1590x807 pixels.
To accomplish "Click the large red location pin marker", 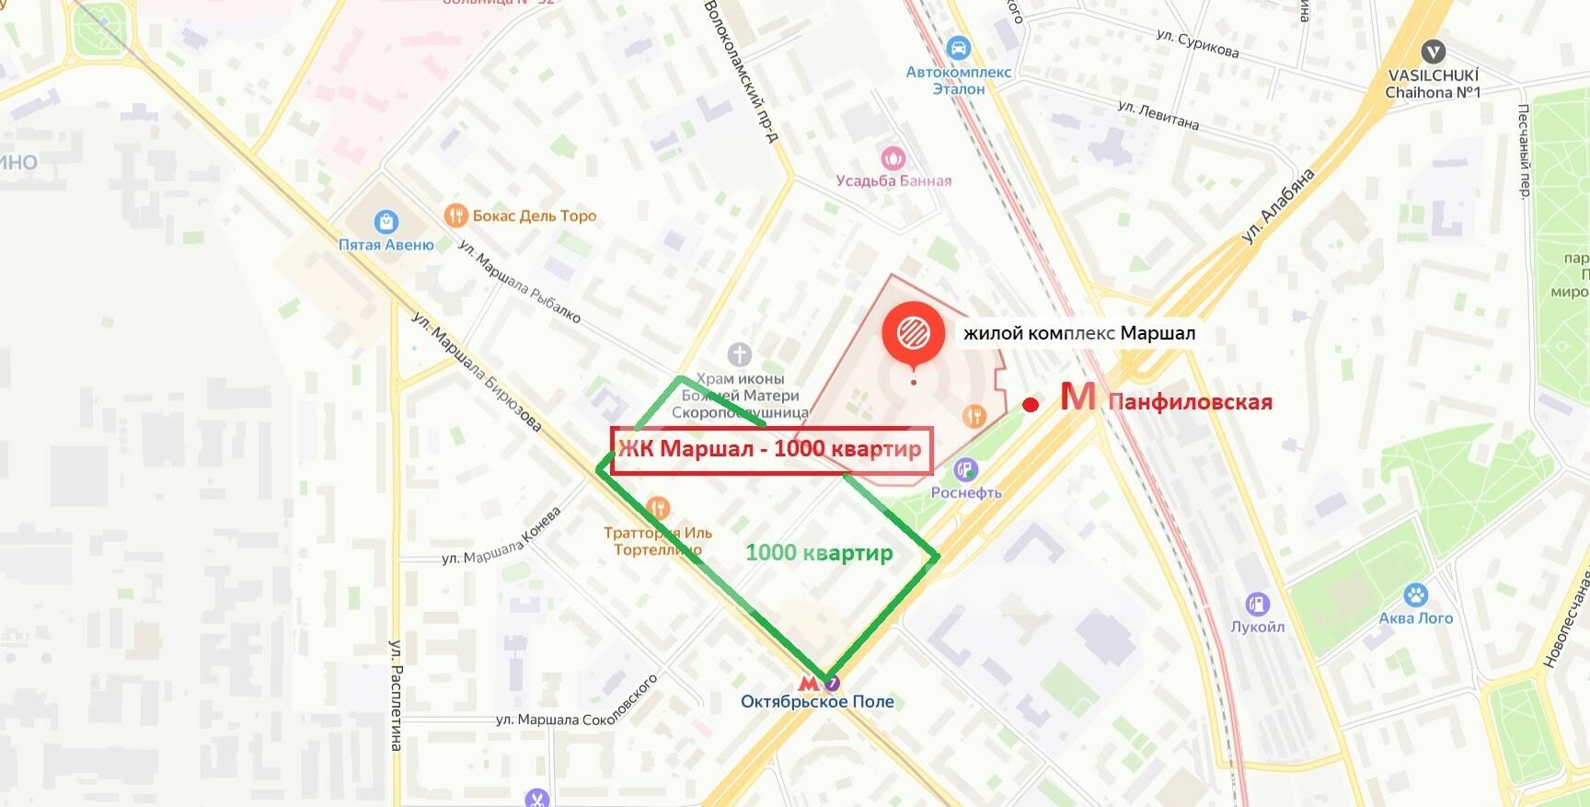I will pos(913,333).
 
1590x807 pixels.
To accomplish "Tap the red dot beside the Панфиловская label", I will pos(1031,404).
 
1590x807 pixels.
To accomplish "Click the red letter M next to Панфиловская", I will pos(1077,398).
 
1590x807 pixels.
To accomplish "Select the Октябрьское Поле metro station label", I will pos(817,701).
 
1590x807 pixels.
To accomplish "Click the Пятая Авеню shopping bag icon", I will pos(386,222).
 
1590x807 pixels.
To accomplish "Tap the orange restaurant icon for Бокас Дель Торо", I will pos(455,215).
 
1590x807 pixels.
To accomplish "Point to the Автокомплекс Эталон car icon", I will pos(958,48).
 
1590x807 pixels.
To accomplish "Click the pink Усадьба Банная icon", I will pos(893,157).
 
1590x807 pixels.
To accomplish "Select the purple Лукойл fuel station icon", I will pos(1257,605).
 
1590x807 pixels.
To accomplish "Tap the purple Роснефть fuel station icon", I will pos(965,470).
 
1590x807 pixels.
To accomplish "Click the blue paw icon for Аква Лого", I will pos(1415,595).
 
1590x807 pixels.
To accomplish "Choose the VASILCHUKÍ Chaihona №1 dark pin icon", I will pos(1433,52).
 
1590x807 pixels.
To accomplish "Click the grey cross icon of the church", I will pos(739,354).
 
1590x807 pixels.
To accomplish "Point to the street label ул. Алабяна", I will pos(1278,207).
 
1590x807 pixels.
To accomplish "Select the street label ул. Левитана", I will pos(1158,115).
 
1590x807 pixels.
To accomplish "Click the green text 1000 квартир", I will pos(818,552).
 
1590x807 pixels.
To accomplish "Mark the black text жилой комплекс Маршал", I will pos(1078,333).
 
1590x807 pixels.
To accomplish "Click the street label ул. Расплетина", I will pos(396,695).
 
